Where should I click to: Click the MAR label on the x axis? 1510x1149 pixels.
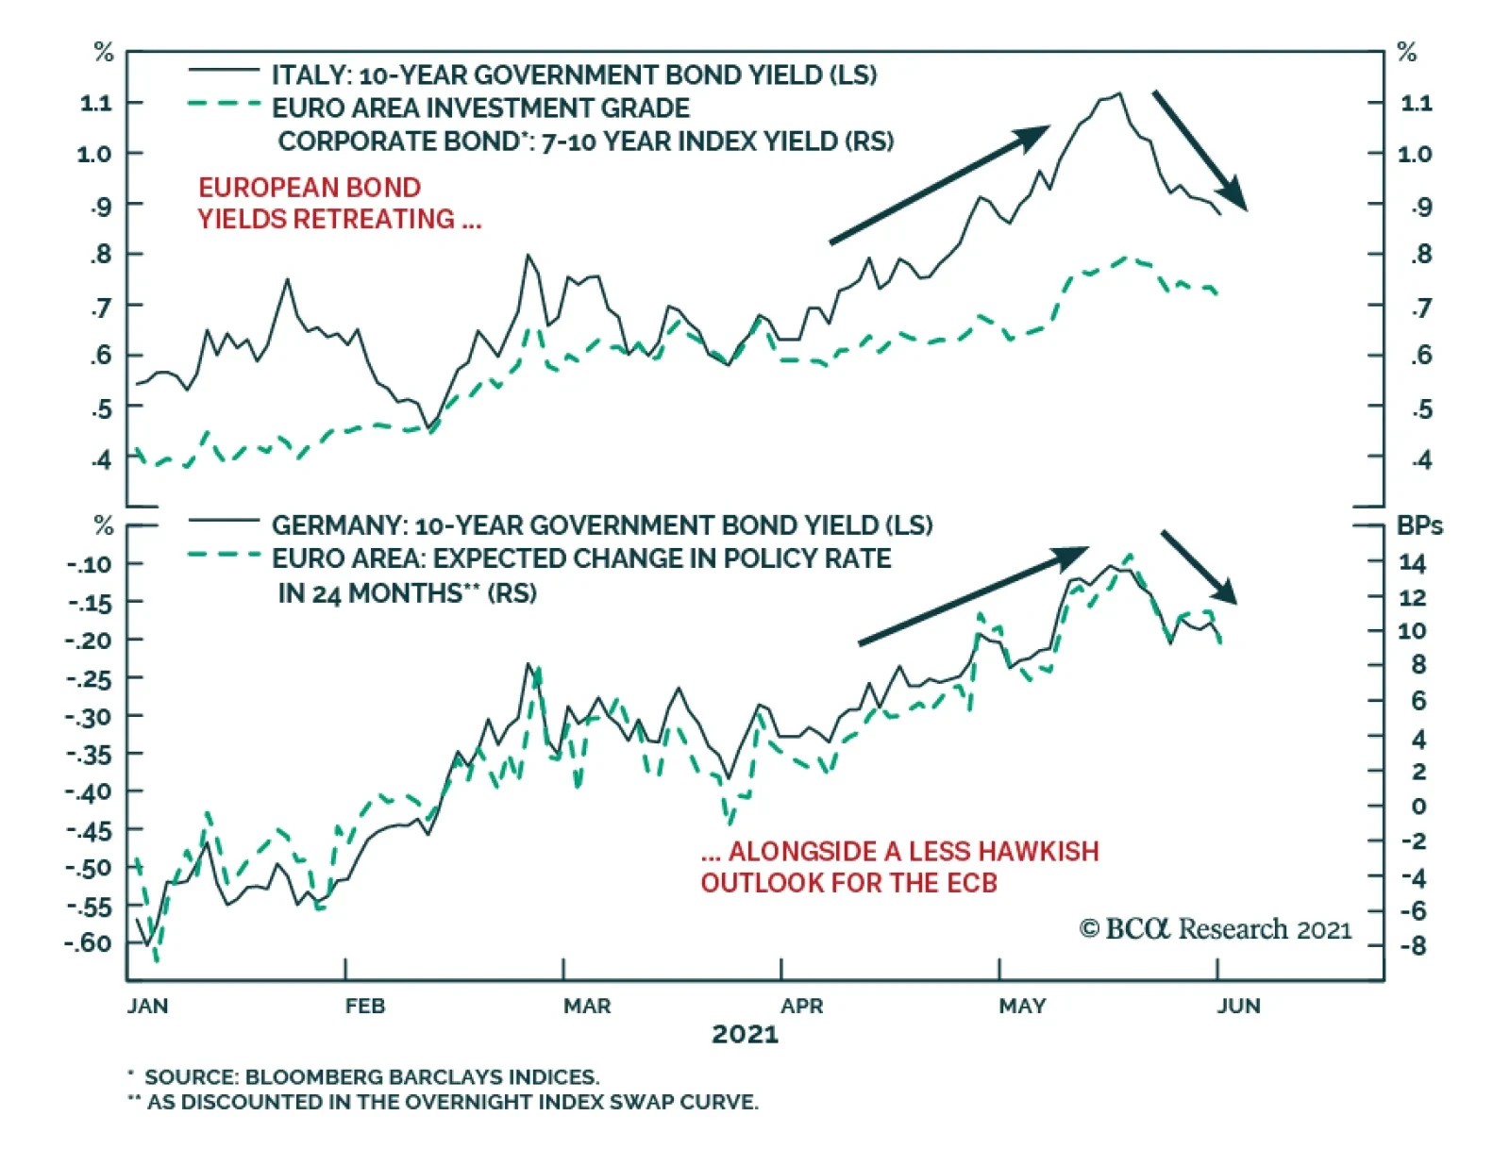(x=587, y=1006)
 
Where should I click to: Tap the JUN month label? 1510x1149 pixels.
(x=1238, y=1006)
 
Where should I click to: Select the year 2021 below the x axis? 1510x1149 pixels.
(x=745, y=1035)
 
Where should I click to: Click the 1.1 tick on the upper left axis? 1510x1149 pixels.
(x=95, y=103)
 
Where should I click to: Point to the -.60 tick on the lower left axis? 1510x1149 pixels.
(x=88, y=942)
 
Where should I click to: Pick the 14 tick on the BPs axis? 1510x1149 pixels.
(x=1412, y=563)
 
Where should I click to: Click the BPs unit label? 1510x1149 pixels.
(x=1419, y=525)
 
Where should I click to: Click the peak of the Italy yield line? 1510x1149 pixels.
(x=1119, y=93)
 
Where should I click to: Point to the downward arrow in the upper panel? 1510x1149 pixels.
(x=1200, y=150)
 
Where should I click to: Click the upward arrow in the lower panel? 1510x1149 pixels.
(x=972, y=596)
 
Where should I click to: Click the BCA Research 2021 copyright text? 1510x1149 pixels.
(x=1216, y=929)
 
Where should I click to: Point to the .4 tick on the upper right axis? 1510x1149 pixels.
(x=1421, y=459)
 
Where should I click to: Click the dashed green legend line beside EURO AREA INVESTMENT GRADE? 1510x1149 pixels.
(x=224, y=104)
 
